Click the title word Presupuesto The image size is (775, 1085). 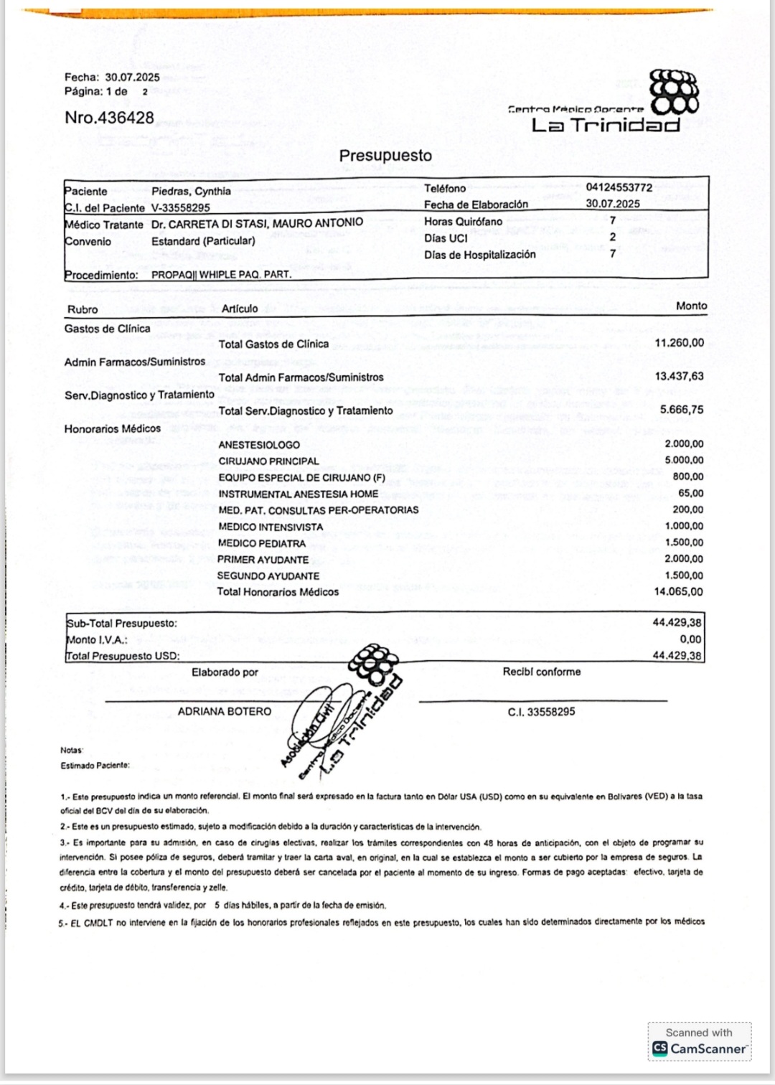pyautogui.click(x=385, y=156)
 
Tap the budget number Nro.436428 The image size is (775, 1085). pyautogui.click(x=109, y=118)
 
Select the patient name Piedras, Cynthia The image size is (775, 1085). pyautogui.click(x=191, y=192)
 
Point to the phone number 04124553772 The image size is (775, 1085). pyautogui.click(x=619, y=187)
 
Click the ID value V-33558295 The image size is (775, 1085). pyautogui.click(x=180, y=208)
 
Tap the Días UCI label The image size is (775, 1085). pyautogui.click(x=446, y=238)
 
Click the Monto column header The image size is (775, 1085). pyautogui.click(x=691, y=306)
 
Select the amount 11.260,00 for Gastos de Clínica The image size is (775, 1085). pyautogui.click(x=679, y=343)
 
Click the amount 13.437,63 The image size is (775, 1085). pyautogui.click(x=679, y=376)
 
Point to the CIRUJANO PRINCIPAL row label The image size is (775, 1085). pyautogui.click(x=268, y=461)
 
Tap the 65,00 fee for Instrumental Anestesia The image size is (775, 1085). pyautogui.click(x=690, y=493)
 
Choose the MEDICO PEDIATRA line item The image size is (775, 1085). pyautogui.click(x=262, y=543)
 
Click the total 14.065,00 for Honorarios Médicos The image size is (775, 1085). pyautogui.click(x=678, y=592)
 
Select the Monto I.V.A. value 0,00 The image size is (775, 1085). pyautogui.click(x=690, y=639)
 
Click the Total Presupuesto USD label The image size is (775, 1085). pyautogui.click(x=123, y=656)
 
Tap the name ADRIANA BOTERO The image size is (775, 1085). pyautogui.click(x=225, y=712)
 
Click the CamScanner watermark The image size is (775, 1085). pyautogui.click(x=700, y=1042)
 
